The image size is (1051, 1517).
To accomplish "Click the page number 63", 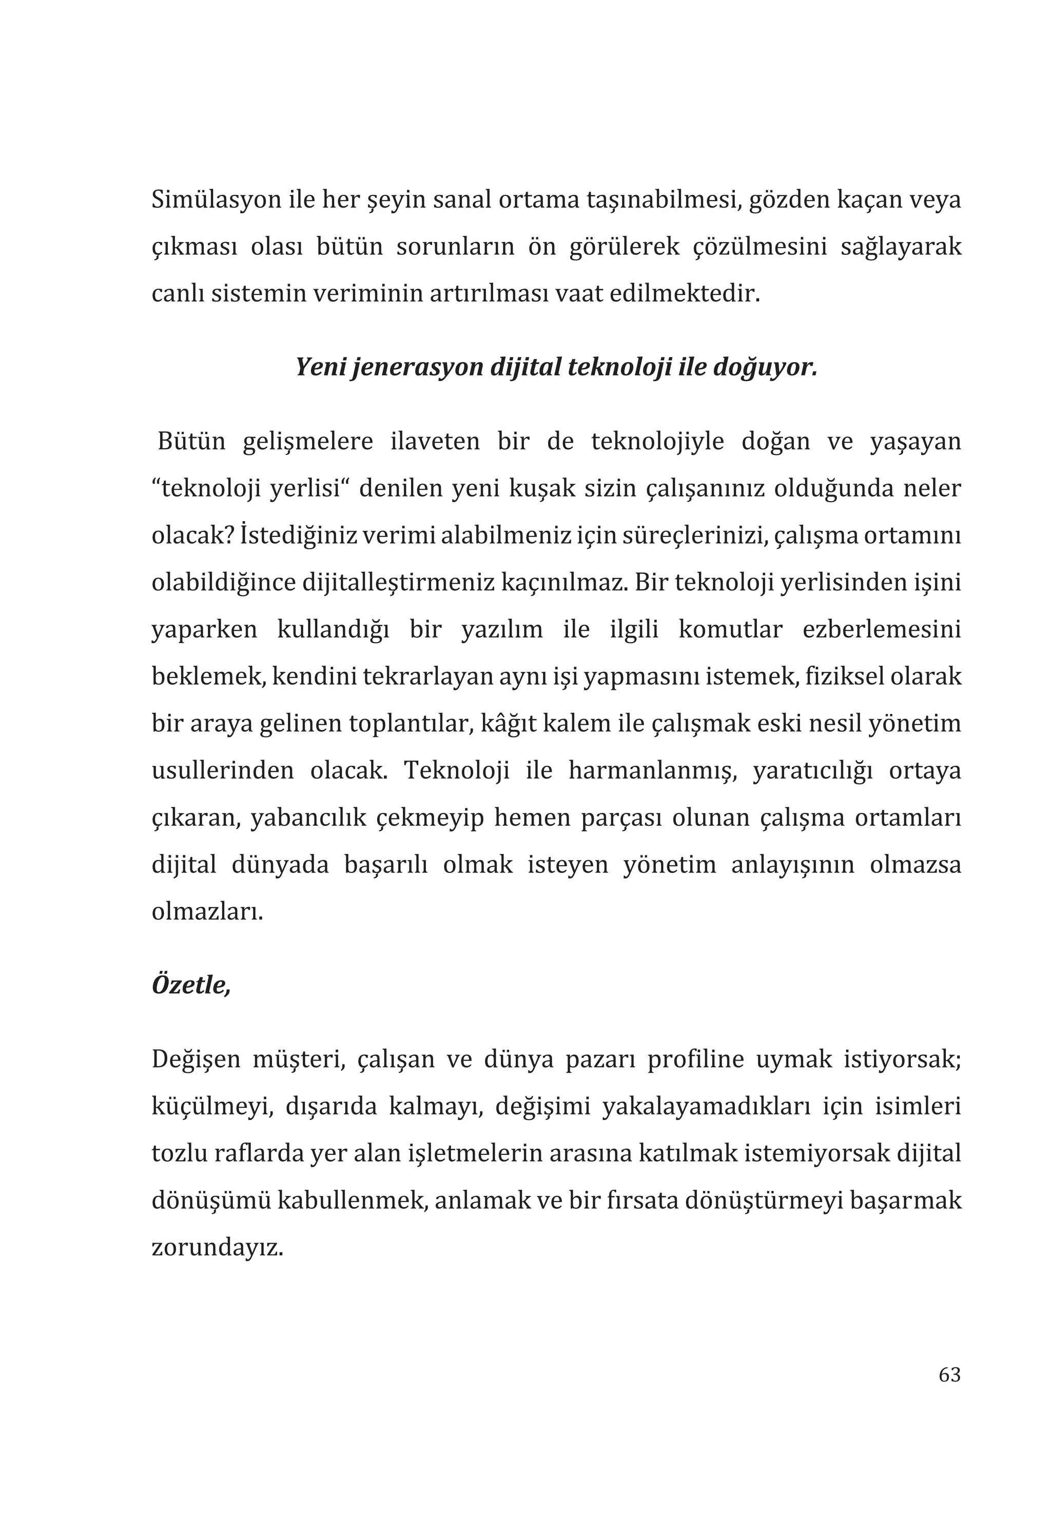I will coord(949,1375).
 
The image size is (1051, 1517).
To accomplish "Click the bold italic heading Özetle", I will coord(191,985).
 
